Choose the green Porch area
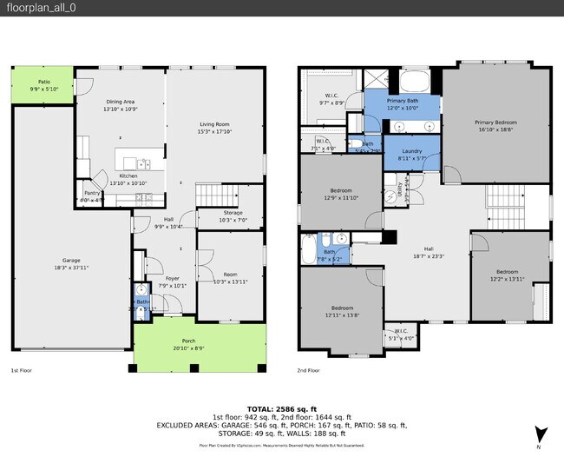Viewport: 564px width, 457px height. click(x=200, y=344)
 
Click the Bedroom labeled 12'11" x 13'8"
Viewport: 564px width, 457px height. click(x=341, y=309)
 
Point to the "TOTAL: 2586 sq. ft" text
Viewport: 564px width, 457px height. click(x=281, y=407)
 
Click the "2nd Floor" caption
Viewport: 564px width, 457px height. click(x=309, y=371)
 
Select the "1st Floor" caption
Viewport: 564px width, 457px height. click(x=22, y=371)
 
